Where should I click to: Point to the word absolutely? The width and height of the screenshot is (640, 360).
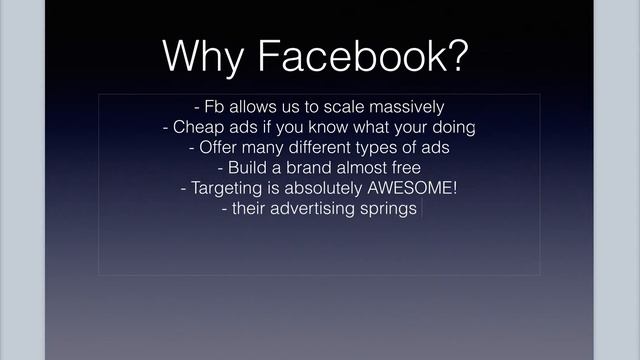point(323,189)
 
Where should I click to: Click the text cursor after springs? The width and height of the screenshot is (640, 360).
point(421,209)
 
